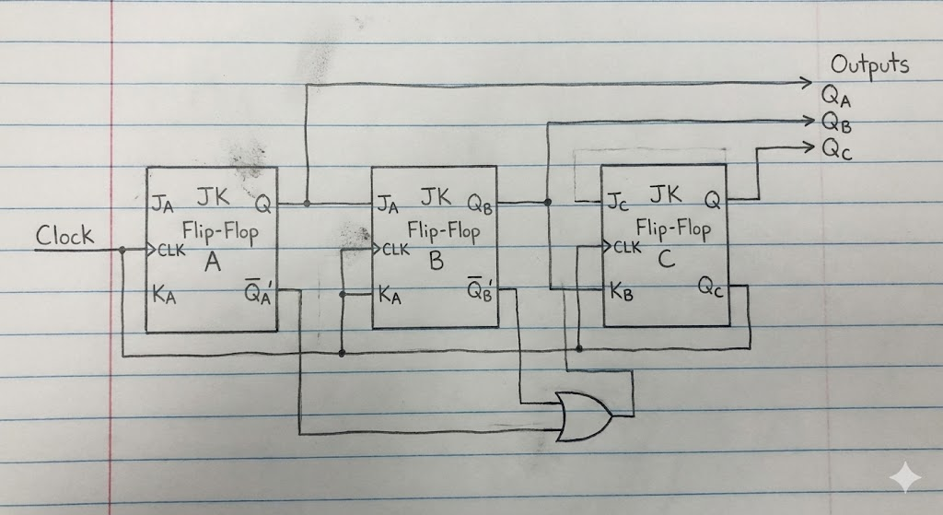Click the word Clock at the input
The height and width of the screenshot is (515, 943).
pyautogui.click(x=64, y=235)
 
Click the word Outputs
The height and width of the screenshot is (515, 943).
pyautogui.click(x=869, y=64)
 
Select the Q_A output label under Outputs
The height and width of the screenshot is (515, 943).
pyautogui.click(x=836, y=96)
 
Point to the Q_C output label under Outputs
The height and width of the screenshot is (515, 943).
pyautogui.click(x=837, y=148)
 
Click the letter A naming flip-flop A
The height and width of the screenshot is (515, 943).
pyautogui.click(x=213, y=262)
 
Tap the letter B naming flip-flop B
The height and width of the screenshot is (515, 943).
pyautogui.click(x=437, y=261)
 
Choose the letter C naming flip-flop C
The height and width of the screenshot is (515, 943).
pyautogui.click(x=667, y=258)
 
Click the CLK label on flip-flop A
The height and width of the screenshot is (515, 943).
pyautogui.click(x=171, y=251)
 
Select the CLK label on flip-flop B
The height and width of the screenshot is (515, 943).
pyautogui.click(x=396, y=249)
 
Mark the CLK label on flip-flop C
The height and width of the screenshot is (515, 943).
pyautogui.click(x=627, y=247)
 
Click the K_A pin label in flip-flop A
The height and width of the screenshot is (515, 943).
pyautogui.click(x=164, y=295)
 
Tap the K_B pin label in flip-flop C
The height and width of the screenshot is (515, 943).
pyautogui.click(x=622, y=292)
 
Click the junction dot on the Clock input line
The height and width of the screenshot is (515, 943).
pyautogui.click(x=122, y=250)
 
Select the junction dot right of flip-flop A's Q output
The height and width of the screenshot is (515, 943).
pyautogui.click(x=307, y=204)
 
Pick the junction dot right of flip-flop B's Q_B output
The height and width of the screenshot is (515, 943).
pyautogui.click(x=547, y=202)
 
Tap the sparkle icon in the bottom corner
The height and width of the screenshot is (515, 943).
pyautogui.click(x=904, y=478)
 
